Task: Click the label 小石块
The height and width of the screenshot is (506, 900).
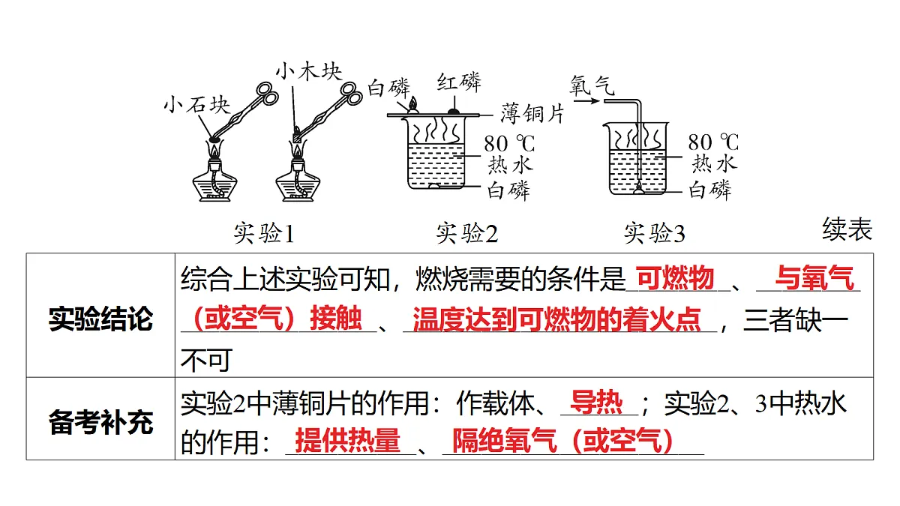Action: coord(196,105)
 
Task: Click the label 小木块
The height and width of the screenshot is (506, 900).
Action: coord(308,71)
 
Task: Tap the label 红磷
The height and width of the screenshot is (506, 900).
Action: coord(459,82)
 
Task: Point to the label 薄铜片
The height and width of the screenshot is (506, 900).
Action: coord(532,113)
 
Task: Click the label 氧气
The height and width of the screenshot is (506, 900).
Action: coord(592,85)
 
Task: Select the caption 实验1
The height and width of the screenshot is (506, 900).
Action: coord(264,233)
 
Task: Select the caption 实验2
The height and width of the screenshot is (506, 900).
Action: coord(466,233)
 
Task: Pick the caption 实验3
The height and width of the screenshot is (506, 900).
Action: coord(655,233)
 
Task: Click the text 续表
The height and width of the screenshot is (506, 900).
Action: coord(847,229)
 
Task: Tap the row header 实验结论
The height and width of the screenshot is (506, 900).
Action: coord(100,319)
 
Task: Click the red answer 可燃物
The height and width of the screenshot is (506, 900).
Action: coord(675,277)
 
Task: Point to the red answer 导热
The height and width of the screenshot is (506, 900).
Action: coord(596,402)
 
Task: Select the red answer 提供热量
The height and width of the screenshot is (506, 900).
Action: coord(347,440)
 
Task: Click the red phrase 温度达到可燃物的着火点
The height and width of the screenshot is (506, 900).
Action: coord(556,319)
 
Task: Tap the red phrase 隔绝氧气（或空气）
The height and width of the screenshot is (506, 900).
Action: coord(563,440)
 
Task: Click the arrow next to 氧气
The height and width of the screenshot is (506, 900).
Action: coord(586,100)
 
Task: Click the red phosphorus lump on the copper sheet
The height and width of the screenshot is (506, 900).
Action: coord(454,111)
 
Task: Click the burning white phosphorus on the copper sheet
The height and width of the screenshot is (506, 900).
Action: coord(412,106)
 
